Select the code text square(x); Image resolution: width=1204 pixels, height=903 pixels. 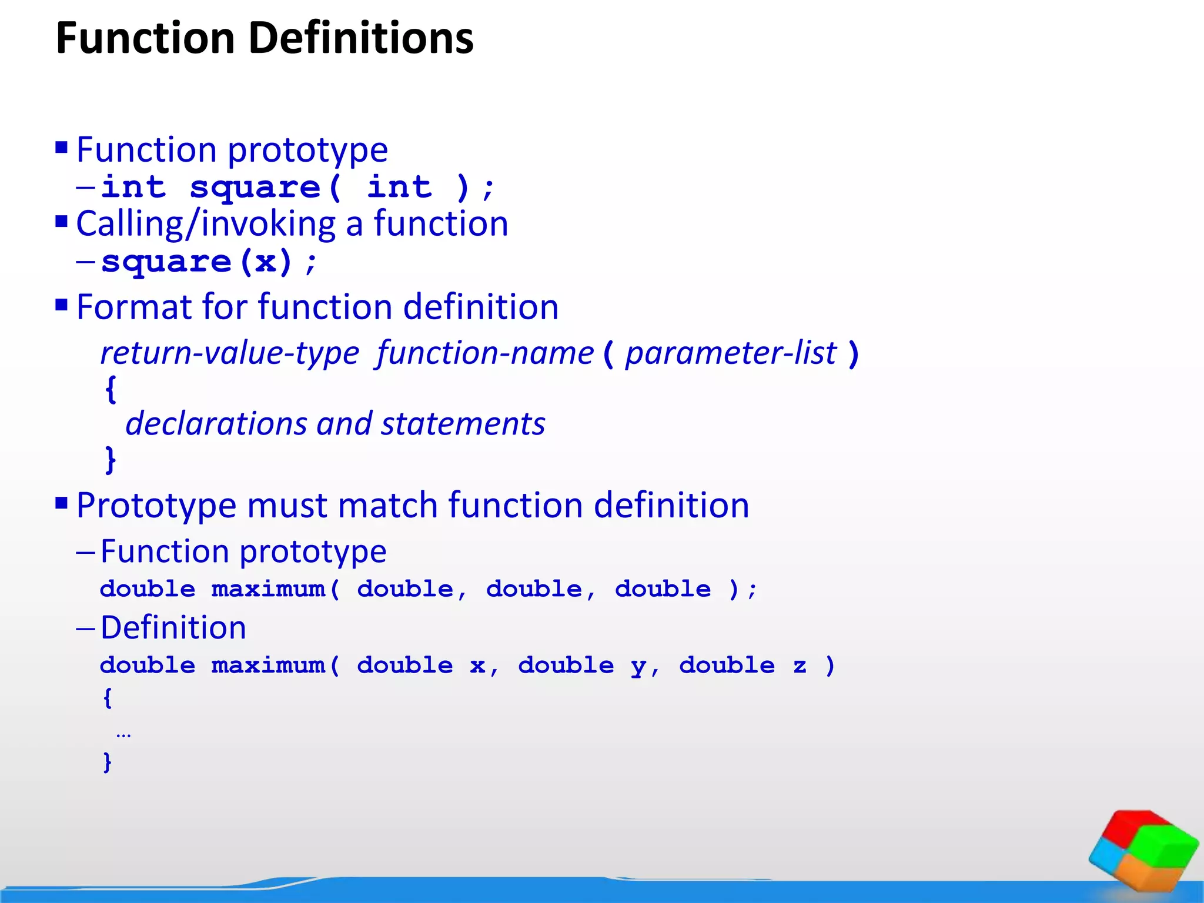(x=209, y=262)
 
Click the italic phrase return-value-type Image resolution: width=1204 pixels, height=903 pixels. (x=230, y=353)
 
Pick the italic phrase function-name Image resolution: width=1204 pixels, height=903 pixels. (x=485, y=353)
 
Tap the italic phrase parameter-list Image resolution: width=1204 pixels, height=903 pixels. (x=730, y=353)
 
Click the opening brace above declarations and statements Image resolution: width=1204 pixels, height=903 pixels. (x=111, y=389)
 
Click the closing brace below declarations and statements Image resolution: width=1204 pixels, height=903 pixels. (x=111, y=460)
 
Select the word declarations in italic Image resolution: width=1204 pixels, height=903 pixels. (x=216, y=424)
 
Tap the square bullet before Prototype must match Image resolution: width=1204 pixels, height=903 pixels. (x=62, y=503)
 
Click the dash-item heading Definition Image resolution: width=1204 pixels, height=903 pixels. (x=173, y=627)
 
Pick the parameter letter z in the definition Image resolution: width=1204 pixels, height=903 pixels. (x=799, y=666)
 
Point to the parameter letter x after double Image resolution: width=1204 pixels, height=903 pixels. (x=477, y=666)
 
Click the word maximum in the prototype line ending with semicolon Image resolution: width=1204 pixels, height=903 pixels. (x=268, y=589)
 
